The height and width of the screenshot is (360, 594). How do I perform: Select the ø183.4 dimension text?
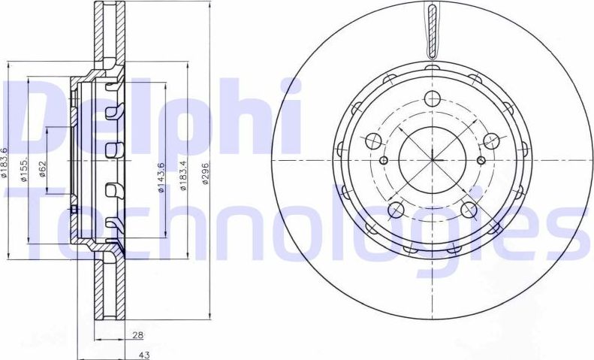pos(182,175)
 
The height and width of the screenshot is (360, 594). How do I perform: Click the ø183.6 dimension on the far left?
pos(5,163)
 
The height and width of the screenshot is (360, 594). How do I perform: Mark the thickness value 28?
pos(137,335)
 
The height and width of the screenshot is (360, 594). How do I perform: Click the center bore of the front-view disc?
pos(433,159)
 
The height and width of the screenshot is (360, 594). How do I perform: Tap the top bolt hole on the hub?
pos(433,98)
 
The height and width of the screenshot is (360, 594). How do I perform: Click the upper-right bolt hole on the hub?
pos(492,141)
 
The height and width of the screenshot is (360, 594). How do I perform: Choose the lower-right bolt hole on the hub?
pos(470,210)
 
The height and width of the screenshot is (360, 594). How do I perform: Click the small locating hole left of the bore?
pos(384,160)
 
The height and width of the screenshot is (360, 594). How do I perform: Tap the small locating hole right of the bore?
pos(483,160)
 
